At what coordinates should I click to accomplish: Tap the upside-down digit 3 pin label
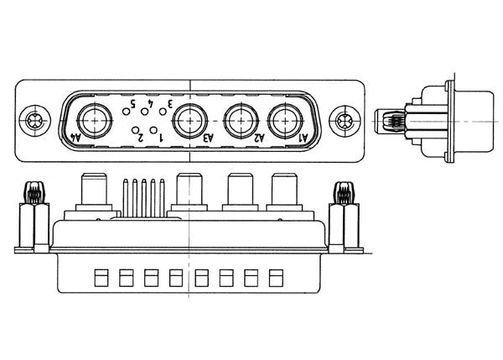click(x=169, y=103)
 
